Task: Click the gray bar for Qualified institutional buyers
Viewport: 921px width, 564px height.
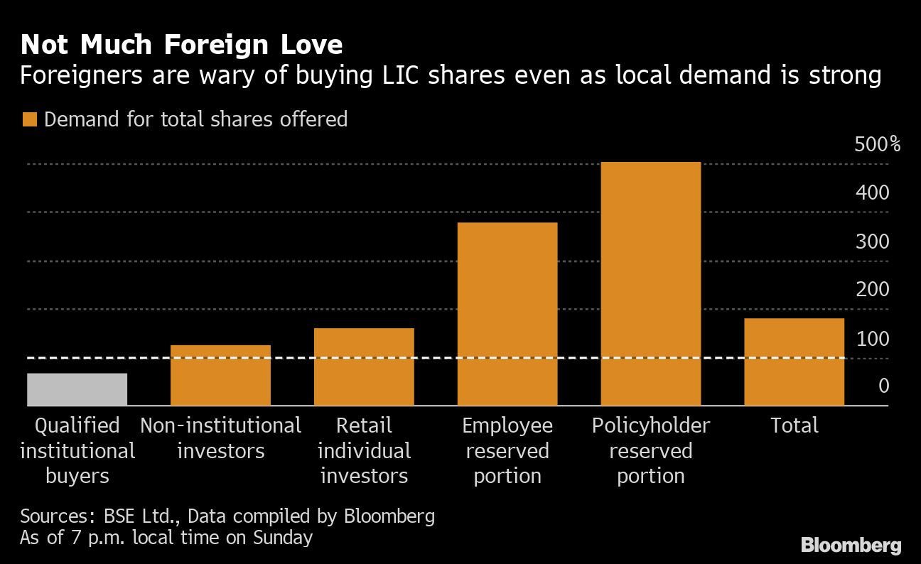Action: tap(77, 389)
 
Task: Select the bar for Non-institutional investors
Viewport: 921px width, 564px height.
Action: tap(220, 375)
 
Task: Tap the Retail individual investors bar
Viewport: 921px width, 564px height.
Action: tap(364, 367)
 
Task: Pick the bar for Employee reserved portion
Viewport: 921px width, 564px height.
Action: tap(507, 314)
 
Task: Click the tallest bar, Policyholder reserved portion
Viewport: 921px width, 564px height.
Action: tap(650, 284)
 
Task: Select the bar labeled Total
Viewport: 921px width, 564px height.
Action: tap(794, 362)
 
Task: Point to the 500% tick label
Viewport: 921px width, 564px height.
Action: tap(877, 145)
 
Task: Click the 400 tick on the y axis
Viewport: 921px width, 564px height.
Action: tap(873, 192)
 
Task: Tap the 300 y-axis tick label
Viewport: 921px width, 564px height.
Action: tap(873, 242)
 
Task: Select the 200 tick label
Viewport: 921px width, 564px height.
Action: tap(873, 290)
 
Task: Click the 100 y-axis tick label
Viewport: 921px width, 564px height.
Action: tap(873, 339)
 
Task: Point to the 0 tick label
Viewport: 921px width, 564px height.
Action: tap(883, 386)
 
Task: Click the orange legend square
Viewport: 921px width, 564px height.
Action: tap(29, 119)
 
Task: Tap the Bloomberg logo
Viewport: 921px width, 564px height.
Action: tap(851, 546)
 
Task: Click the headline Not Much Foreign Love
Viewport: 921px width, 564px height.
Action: tap(181, 45)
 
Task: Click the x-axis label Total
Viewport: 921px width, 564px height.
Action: tap(795, 425)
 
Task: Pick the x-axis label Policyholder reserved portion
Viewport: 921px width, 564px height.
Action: tap(650, 450)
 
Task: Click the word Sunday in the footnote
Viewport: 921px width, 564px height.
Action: tap(282, 538)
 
